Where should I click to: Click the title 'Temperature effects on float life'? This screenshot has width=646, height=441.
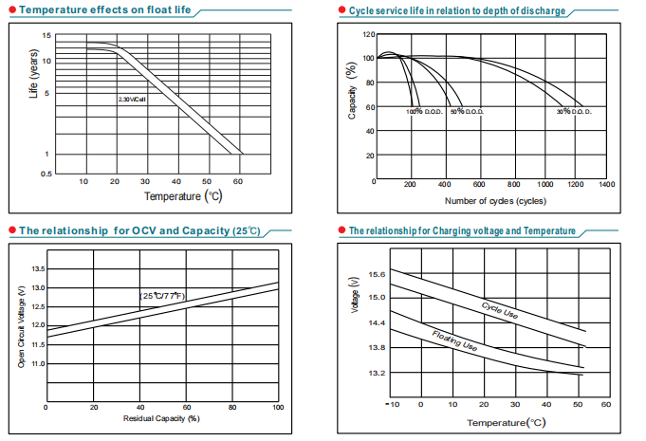86,10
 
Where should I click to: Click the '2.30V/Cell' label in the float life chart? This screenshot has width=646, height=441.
133,99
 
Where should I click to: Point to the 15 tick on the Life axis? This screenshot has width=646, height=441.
46,36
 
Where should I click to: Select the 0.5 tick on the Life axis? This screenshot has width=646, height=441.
46,175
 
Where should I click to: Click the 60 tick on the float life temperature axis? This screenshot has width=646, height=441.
237,181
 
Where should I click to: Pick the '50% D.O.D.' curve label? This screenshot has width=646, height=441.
468,112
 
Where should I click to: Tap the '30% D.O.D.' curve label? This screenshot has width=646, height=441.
575,112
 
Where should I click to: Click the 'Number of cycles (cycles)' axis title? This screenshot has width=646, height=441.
494,201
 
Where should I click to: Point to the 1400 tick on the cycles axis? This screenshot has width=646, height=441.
606,184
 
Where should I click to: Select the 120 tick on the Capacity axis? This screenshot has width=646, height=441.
368,35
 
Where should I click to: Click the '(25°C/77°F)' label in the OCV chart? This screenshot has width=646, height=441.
163,296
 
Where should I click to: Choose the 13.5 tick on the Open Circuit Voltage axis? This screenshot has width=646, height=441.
38,268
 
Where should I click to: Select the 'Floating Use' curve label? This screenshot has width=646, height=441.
453,341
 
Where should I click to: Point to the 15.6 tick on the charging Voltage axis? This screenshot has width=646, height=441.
376,274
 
